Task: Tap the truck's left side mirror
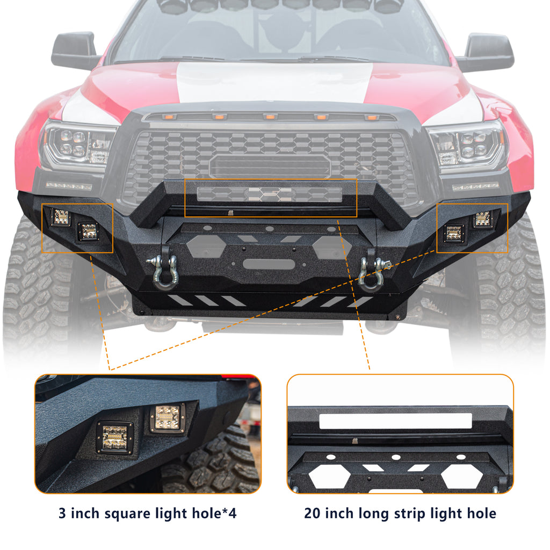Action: (x=75, y=50)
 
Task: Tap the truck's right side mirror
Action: (x=484, y=52)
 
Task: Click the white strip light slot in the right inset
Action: (x=395, y=421)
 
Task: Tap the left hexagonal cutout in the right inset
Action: (x=329, y=475)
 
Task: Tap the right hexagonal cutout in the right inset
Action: (x=461, y=475)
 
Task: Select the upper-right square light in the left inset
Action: (x=167, y=417)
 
